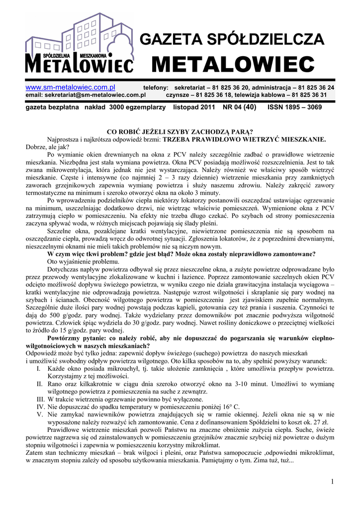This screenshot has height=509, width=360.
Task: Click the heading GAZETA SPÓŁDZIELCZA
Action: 232,39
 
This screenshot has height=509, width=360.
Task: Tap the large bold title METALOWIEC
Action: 233,64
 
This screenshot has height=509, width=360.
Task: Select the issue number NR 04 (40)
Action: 240,107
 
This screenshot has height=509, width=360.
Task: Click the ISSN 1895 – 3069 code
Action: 294,107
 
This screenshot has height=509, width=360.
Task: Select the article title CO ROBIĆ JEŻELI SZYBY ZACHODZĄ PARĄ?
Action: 180,132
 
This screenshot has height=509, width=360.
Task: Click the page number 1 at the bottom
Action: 331,482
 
